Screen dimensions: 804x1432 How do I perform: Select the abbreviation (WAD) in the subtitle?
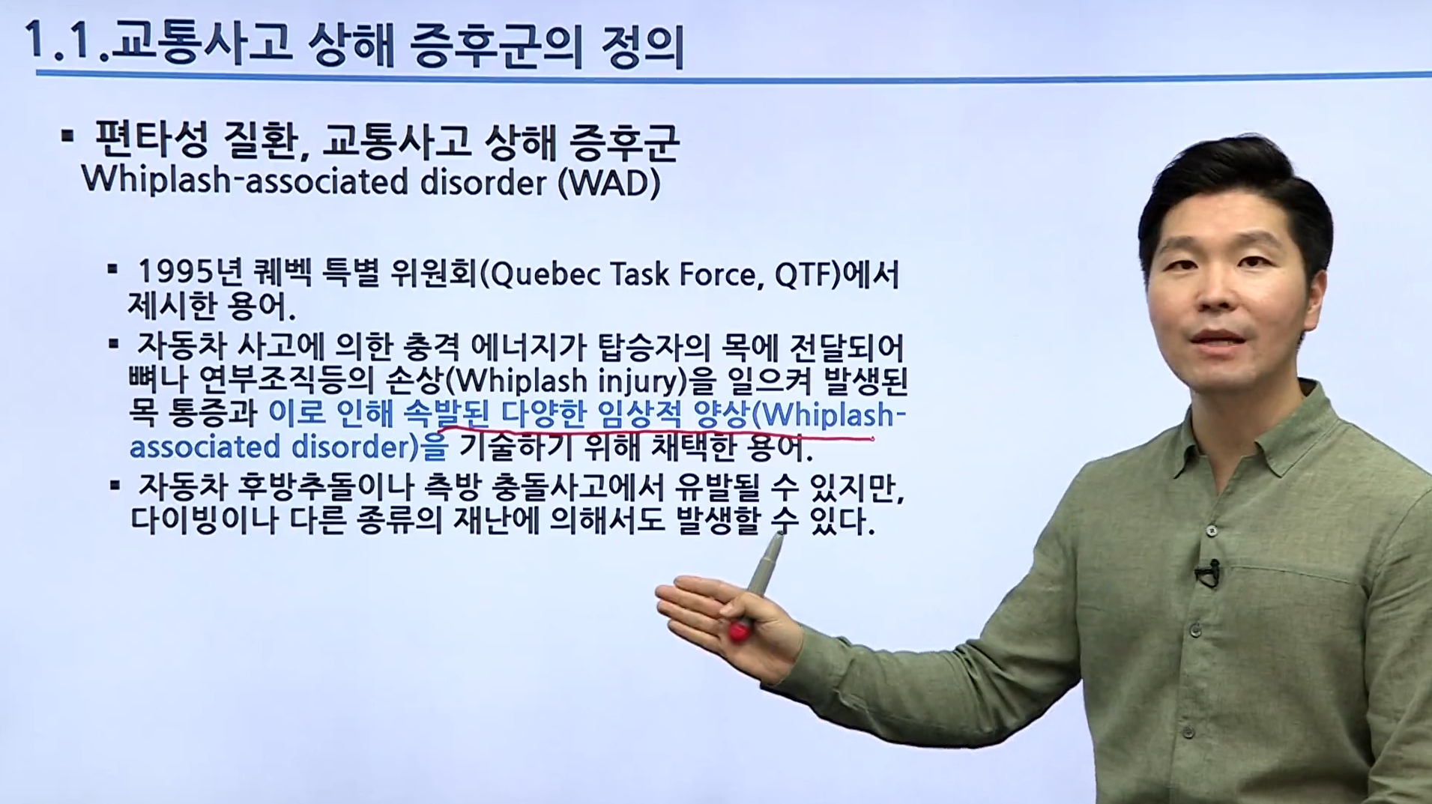pyautogui.click(x=608, y=183)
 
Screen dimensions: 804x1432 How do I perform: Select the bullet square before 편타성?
pyautogui.click(x=68, y=136)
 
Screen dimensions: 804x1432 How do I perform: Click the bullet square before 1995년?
pyautogui.click(x=113, y=268)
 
